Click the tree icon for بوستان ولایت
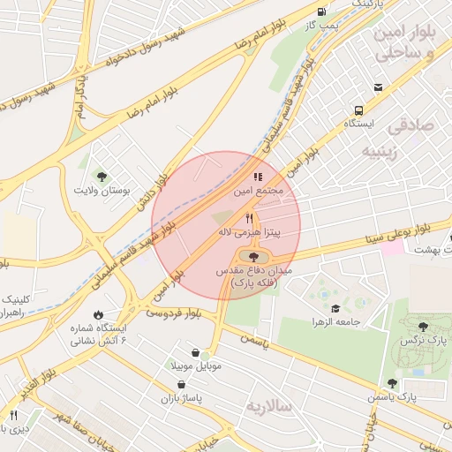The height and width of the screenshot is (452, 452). click(x=103, y=176)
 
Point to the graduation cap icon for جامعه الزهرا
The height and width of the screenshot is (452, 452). click(x=335, y=308)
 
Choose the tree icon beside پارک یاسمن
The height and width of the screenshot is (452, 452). click(x=392, y=383)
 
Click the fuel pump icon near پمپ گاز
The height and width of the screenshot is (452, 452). click(x=321, y=11)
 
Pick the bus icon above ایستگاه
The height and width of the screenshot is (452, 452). click(x=358, y=110)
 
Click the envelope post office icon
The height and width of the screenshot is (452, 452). click(x=378, y=87)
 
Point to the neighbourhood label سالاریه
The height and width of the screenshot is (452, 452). click(x=268, y=406)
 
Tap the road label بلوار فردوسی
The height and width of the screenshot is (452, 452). click(x=174, y=313)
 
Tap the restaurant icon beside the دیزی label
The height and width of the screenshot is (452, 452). click(x=13, y=415)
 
